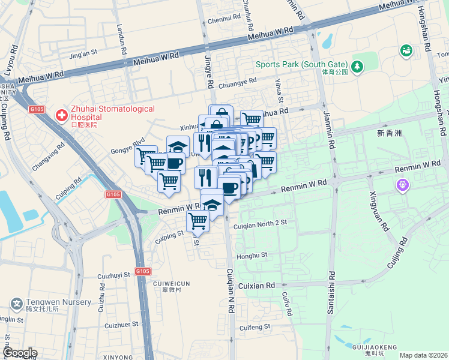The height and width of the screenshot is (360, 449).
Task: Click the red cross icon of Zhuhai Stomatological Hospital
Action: point(61,114)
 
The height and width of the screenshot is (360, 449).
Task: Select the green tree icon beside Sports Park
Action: point(358,65)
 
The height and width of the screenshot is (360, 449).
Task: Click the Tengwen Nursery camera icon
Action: point(17,304)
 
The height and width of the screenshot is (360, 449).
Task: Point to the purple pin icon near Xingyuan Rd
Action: point(402,187)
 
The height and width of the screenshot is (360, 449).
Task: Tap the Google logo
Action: point(19,353)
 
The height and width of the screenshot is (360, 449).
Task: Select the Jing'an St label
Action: point(83,54)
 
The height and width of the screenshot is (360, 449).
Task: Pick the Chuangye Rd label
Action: point(237,82)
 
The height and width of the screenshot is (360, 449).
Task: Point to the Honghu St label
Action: point(252,256)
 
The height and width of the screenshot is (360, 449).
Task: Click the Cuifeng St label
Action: point(255,328)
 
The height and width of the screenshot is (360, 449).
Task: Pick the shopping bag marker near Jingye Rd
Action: point(221,113)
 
